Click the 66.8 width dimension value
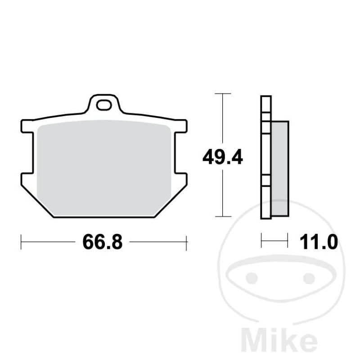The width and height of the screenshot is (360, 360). point(103,242)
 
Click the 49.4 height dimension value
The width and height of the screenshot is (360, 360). point(223,157)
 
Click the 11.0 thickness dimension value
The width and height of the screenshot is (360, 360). point(319,242)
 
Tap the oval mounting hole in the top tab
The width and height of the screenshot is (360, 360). point(104,105)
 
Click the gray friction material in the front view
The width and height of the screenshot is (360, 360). point(104,168)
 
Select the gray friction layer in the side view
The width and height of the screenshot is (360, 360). point(280,169)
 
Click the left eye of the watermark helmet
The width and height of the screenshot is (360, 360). point(252,278)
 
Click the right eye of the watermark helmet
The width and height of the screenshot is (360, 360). point(309,278)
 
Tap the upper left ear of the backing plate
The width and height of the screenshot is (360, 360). point(27,126)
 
